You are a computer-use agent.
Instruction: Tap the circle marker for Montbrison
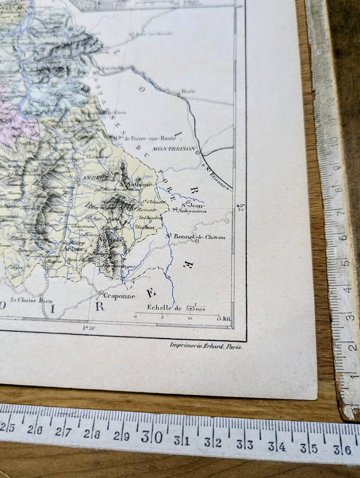click(x=198, y=153)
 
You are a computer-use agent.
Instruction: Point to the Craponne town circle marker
click(x=101, y=292)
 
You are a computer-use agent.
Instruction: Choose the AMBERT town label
click(x=91, y=178)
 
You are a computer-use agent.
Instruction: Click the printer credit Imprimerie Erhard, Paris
click(x=207, y=348)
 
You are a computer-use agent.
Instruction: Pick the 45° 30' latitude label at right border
click(x=240, y=208)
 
